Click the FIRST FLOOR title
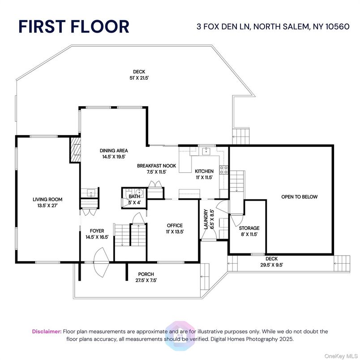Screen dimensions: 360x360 click(x=74, y=26)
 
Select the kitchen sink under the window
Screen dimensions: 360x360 click(x=206, y=151)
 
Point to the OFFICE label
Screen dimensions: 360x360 click(x=175, y=226)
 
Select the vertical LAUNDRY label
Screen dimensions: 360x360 click(x=206, y=219)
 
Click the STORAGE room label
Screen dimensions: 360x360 click(x=249, y=228)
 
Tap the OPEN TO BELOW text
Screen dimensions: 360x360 click(x=299, y=197)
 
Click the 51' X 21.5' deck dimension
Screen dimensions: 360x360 click(x=139, y=77)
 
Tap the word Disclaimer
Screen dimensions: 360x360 click(x=47, y=331)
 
